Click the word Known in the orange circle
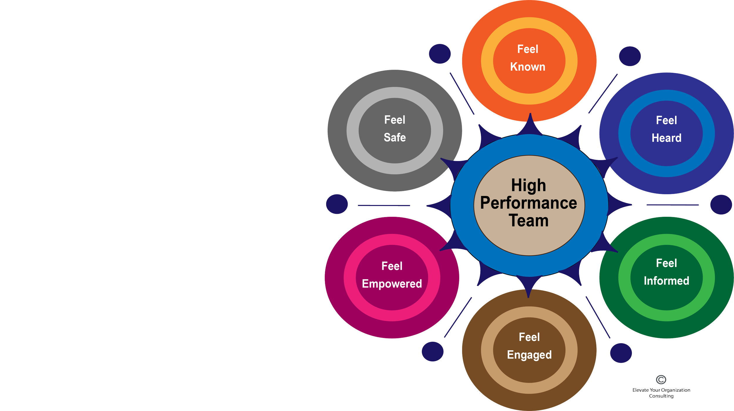click(528, 67)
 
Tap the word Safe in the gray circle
click(395, 137)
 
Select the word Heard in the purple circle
click(666, 138)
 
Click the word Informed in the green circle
click(666, 281)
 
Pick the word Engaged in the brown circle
click(529, 355)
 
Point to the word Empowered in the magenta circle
click(392, 284)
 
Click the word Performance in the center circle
click(528, 203)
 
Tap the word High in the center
click(528, 185)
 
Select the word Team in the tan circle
click(528, 221)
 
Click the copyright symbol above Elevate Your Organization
click(661, 380)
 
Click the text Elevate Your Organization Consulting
click(661, 393)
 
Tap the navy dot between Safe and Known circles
click(440, 54)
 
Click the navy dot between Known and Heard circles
click(630, 56)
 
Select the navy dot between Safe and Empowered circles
click(337, 204)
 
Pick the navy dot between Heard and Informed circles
click(721, 204)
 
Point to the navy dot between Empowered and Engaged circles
click(432, 351)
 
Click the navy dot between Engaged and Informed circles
click(621, 353)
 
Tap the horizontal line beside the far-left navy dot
click(384, 205)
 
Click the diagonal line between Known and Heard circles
click(603, 94)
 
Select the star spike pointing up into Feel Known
click(530, 123)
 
